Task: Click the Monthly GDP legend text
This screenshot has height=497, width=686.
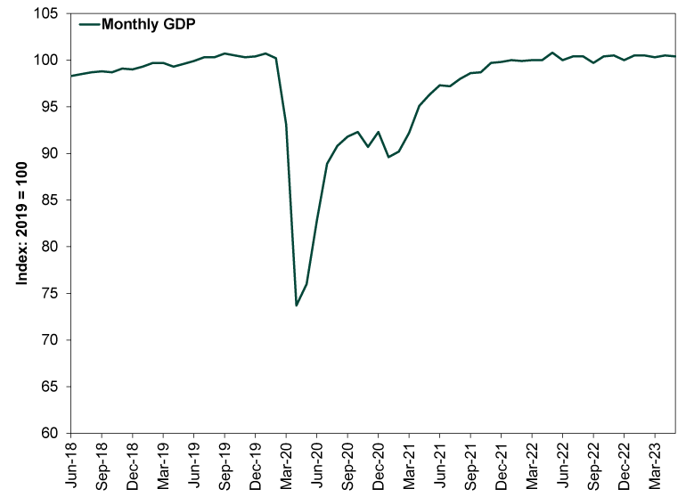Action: click(x=149, y=24)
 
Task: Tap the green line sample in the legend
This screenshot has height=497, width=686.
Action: click(x=89, y=25)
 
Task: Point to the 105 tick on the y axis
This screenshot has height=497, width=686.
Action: click(x=48, y=14)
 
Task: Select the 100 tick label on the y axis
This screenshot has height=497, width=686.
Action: click(x=48, y=61)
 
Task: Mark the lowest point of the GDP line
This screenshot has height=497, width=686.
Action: click(x=297, y=306)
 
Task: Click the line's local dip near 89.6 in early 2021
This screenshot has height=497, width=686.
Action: click(x=388, y=157)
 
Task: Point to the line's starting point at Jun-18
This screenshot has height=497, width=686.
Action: click(x=71, y=76)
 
